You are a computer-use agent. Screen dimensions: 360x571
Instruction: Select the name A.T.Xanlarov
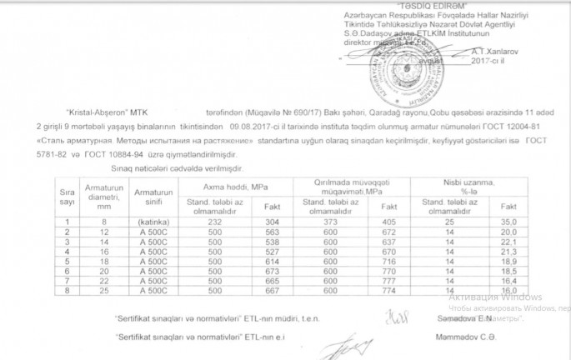point(496,51)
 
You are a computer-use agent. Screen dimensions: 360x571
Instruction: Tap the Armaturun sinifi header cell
point(153,197)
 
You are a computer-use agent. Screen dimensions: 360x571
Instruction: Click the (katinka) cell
point(153,222)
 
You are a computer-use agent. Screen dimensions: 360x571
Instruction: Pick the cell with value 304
point(271,222)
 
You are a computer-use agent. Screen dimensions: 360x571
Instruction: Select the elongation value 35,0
point(508,222)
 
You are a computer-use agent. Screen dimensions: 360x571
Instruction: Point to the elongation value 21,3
point(508,251)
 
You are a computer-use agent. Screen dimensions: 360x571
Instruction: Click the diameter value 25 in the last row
point(104,291)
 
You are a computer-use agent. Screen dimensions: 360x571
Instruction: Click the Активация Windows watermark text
point(494,297)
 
